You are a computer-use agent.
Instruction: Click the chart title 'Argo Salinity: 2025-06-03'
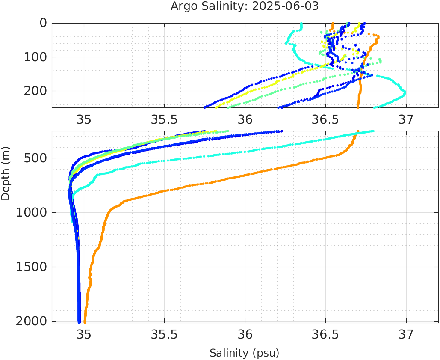coord(245,7)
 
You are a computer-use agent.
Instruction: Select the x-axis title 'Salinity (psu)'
coord(244,353)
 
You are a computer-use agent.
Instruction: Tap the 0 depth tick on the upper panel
coord(44,23)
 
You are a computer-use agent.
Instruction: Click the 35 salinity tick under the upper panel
coord(84,119)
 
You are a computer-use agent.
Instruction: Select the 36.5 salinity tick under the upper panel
coord(325,119)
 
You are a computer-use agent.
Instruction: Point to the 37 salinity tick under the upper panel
coord(406,119)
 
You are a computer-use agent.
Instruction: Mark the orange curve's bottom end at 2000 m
coord(84,322)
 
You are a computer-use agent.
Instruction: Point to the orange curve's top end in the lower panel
coord(358,131)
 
